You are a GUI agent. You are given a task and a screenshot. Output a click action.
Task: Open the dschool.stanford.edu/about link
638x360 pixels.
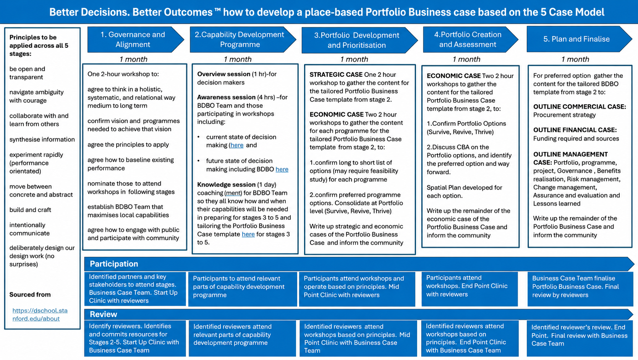40,315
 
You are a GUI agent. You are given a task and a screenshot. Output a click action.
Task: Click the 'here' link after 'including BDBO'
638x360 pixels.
282,169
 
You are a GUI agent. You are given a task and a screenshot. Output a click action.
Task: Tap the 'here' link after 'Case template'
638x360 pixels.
248,234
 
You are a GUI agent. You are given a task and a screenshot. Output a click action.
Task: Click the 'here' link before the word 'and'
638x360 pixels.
237,145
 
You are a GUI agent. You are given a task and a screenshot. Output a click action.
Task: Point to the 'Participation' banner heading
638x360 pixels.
114,264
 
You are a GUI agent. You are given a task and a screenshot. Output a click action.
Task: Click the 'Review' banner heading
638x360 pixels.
104,314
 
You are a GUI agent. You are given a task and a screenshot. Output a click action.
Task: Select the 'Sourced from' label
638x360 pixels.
30,295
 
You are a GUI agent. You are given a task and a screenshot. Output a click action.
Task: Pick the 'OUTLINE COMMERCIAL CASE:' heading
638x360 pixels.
580,107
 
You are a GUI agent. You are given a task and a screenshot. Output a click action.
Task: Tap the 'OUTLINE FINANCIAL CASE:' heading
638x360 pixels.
575,130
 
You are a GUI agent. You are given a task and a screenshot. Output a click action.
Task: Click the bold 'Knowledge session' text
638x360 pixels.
226,185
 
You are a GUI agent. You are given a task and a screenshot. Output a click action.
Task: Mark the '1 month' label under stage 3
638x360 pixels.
354,59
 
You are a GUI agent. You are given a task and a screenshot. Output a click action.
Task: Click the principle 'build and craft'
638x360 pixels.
30,210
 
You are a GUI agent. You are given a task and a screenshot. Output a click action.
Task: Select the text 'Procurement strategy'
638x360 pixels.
564,115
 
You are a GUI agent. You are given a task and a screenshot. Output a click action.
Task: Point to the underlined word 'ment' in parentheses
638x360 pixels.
233,193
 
